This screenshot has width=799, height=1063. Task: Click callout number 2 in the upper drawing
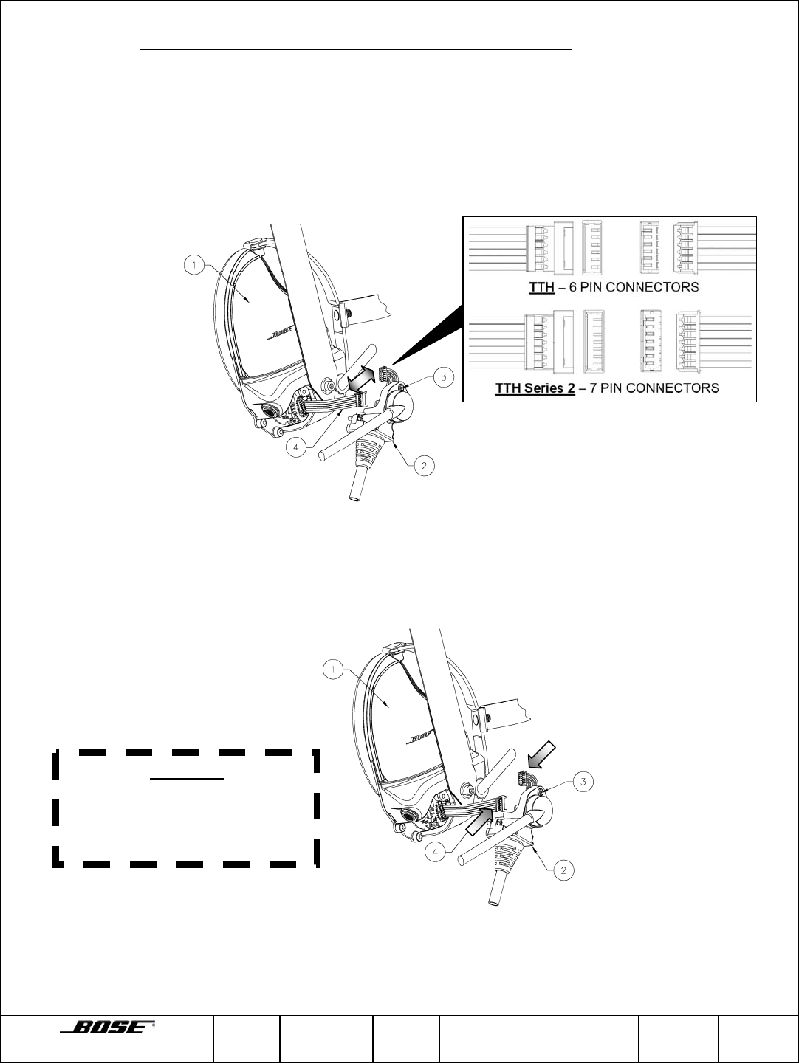(x=424, y=466)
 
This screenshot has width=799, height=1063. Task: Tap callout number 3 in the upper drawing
(x=443, y=377)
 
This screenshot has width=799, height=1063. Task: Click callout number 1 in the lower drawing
(x=334, y=670)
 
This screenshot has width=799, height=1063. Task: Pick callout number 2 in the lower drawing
(x=563, y=870)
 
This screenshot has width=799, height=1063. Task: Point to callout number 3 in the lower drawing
(x=583, y=781)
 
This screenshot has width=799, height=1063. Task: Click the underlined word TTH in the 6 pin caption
(x=541, y=287)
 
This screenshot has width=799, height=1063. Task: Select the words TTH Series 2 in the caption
(x=534, y=388)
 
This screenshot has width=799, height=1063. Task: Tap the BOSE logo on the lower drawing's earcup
(x=419, y=738)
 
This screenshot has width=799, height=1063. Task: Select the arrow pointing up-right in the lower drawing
(x=480, y=819)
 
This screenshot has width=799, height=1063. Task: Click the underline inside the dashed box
(x=186, y=778)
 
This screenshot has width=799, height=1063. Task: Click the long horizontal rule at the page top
(x=357, y=50)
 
